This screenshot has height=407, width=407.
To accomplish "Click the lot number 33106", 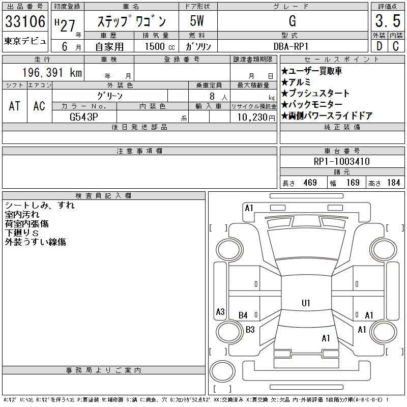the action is [x=25, y=21].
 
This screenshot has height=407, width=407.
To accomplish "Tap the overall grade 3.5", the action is [x=388, y=21].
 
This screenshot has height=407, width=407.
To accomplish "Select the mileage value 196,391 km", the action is [x=52, y=72].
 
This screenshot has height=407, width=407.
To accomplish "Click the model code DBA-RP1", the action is [x=291, y=46].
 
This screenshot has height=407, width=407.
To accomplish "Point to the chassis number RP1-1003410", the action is [x=341, y=161].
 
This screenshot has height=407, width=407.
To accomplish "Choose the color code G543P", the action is [x=84, y=117].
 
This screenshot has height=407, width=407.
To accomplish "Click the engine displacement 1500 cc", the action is [x=160, y=46].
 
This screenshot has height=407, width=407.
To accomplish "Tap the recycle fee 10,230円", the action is [x=256, y=118].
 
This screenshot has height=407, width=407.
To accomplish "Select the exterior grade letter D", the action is [x=379, y=46].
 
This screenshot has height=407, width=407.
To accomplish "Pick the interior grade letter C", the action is [x=396, y=46].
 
